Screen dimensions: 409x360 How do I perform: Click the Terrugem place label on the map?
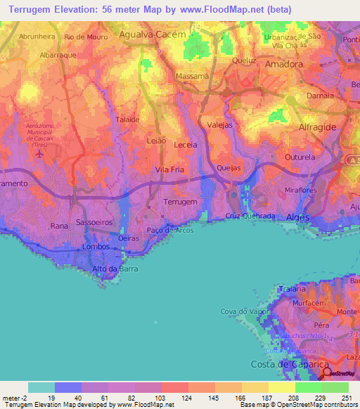180,202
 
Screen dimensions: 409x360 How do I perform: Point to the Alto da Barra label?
115,269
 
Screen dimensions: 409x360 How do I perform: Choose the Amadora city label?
285,63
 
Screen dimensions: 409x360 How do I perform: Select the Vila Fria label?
169,169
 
